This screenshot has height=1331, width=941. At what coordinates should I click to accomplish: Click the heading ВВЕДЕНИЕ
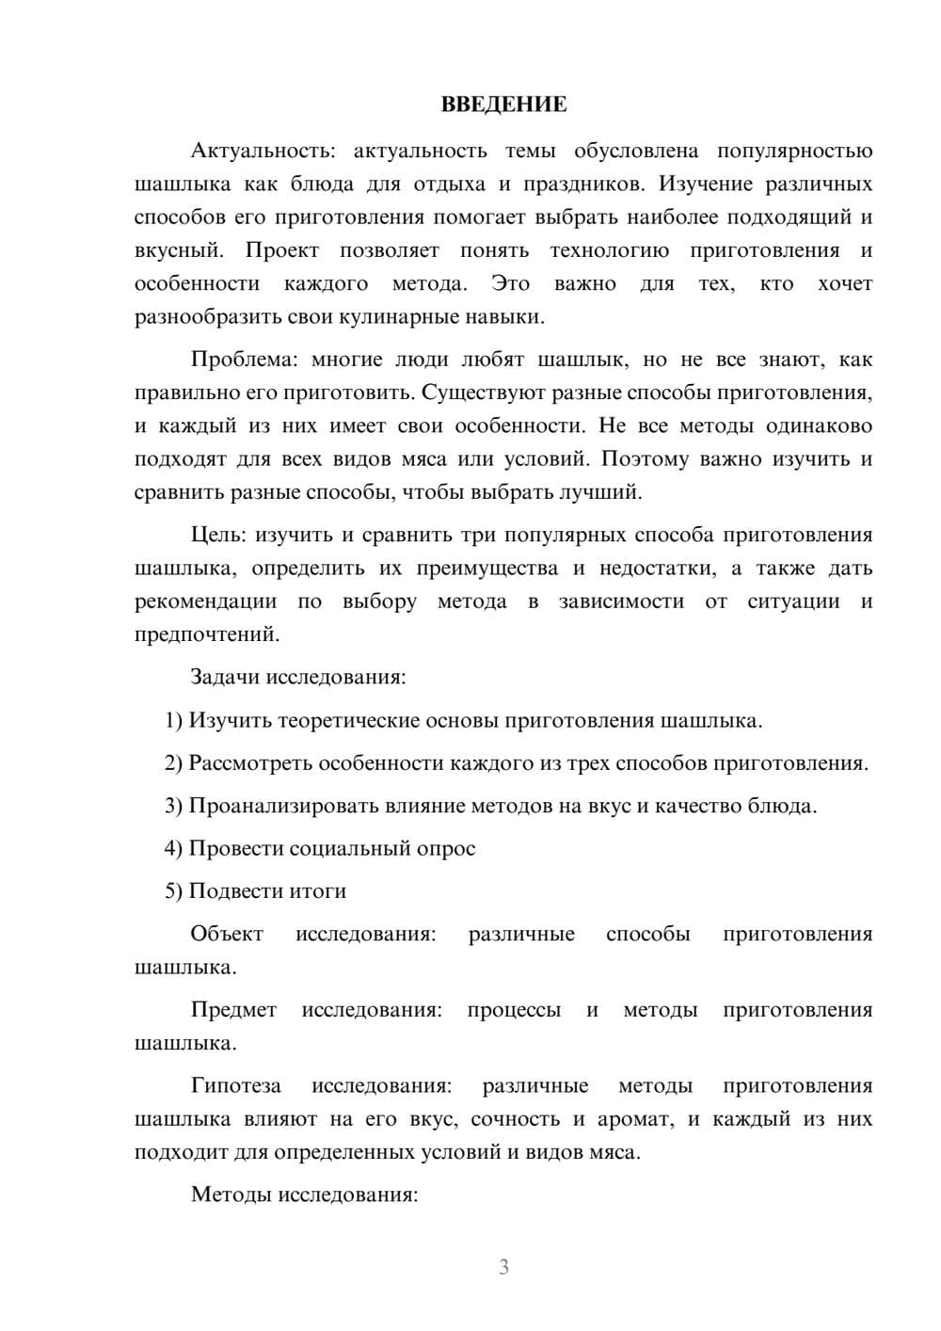[503, 104]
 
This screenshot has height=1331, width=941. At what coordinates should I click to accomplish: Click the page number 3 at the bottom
[503, 1267]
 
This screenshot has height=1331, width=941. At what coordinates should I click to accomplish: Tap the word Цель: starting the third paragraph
[217, 535]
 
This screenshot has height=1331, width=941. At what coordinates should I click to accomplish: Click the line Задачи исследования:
[297, 677]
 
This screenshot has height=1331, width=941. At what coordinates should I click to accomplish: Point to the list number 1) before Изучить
[173, 721]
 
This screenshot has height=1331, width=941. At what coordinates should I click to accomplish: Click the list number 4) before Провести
[173, 848]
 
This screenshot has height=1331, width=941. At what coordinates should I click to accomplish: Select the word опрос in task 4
[446, 848]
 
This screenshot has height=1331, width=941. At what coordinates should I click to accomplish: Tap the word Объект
[227, 934]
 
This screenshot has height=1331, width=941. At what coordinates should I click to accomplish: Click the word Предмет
[233, 1010]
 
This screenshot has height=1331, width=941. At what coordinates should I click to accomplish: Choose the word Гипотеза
[236, 1085]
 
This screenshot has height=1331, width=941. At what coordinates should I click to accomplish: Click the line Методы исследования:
[304, 1195]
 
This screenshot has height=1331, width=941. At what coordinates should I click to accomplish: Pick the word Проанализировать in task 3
[274, 806]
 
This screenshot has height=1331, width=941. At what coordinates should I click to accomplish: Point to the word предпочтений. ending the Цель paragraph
[207, 634]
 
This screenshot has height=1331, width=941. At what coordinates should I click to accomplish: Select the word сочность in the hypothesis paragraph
[517, 1119]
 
